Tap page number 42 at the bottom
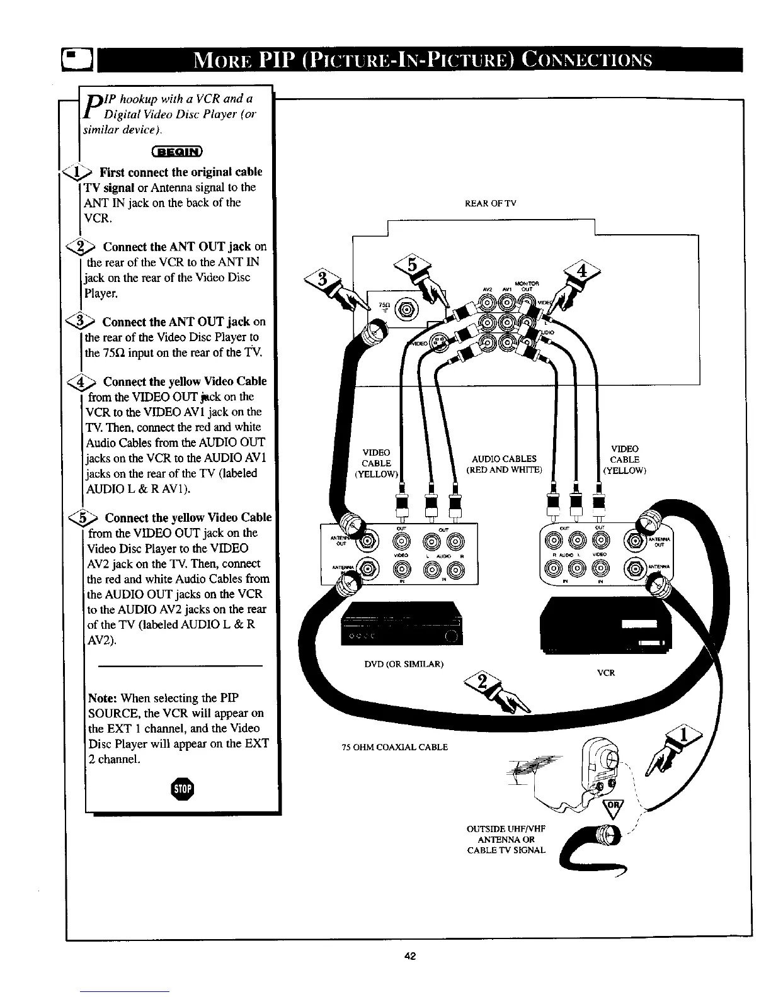pyautogui.click(x=410, y=957)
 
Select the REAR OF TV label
pyautogui.click(x=490, y=203)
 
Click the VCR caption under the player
pyautogui.click(x=605, y=673)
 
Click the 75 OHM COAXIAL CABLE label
pyautogui.click(x=394, y=747)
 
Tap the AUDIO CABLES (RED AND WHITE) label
pyautogui.click(x=504, y=464)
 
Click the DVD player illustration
pyautogui.click(x=401, y=624)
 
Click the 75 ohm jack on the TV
pyautogui.click(x=406, y=309)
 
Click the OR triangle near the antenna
pyautogui.click(x=611, y=808)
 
